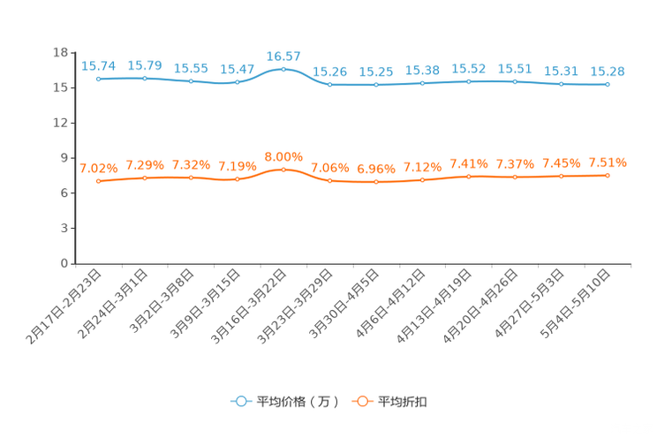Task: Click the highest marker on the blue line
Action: pyautogui.click(x=283, y=68)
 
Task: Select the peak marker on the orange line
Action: pyautogui.click(x=283, y=169)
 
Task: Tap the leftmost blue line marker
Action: pyautogui.click(x=99, y=79)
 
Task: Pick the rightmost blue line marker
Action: pyautogui.click(x=608, y=85)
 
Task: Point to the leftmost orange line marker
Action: pyautogui.click(x=99, y=182)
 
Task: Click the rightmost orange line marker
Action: pyautogui.click(x=608, y=176)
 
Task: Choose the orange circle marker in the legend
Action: pyautogui.click(x=361, y=401)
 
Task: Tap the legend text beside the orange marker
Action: pyautogui.click(x=404, y=402)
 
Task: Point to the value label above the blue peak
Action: pyautogui.click(x=283, y=56)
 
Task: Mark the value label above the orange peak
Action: pyautogui.click(x=283, y=156)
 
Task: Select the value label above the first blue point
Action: pyautogui.click(x=99, y=66)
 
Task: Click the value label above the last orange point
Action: pyautogui.click(x=608, y=162)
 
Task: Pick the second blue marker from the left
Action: pyautogui.click(x=145, y=79)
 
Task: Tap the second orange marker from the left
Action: pyautogui.click(x=145, y=178)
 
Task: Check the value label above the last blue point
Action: pyautogui.click(x=608, y=72)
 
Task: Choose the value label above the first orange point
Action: pyautogui.click(x=99, y=168)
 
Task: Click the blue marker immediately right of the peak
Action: pyautogui.click(x=330, y=85)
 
